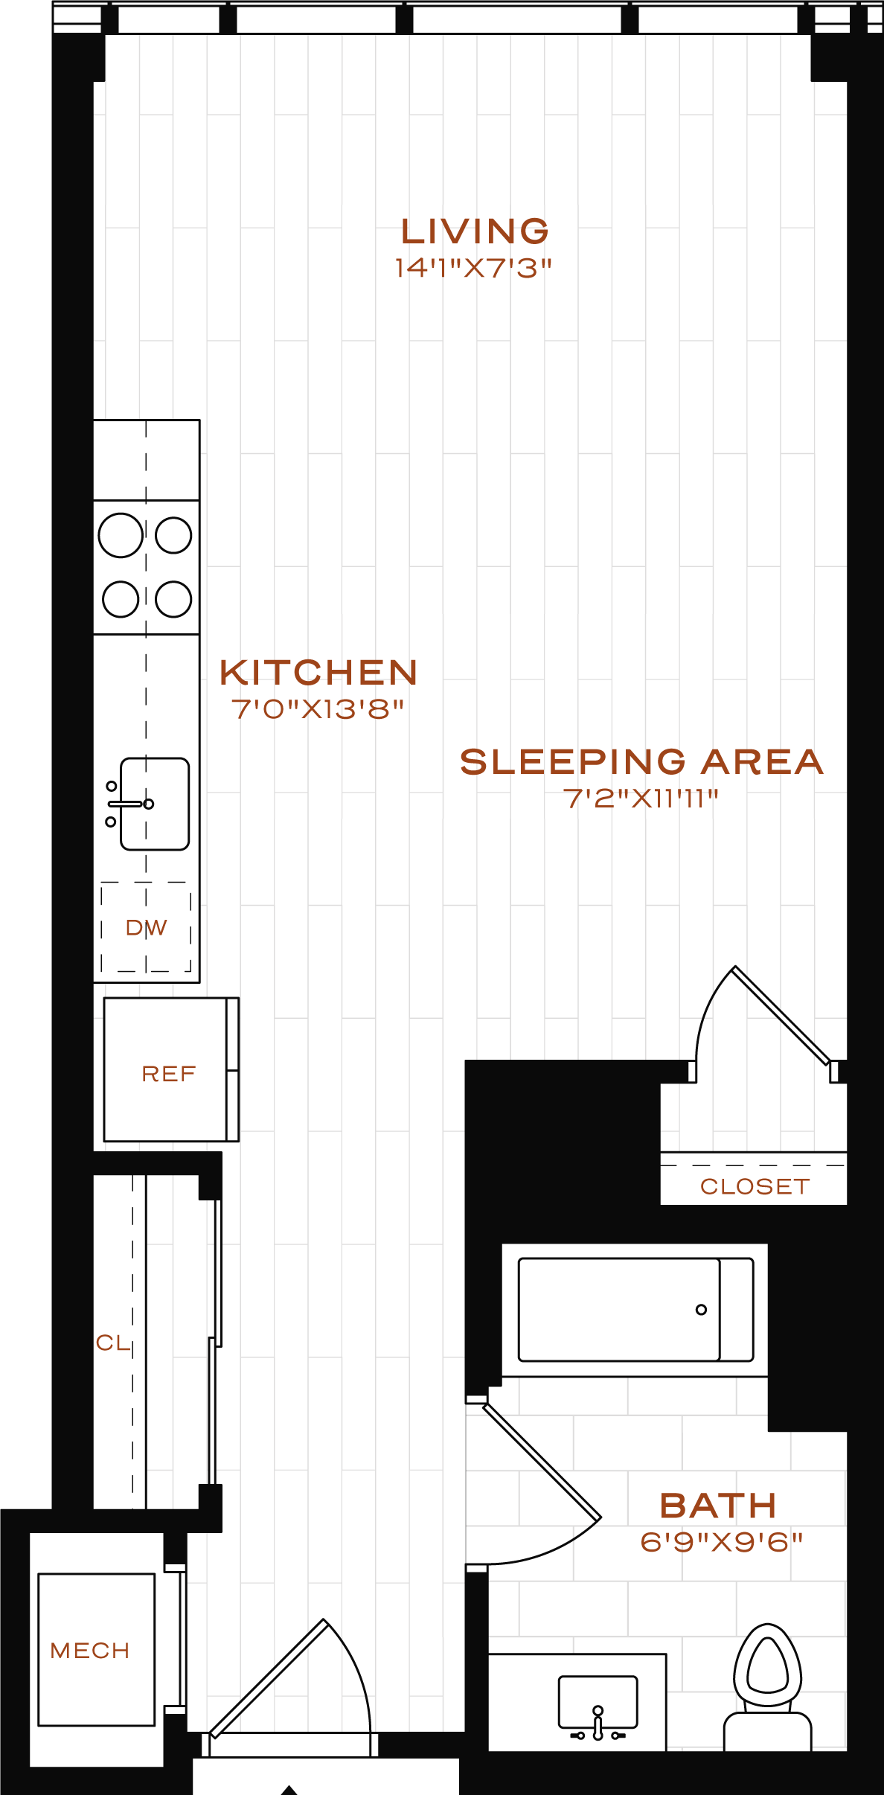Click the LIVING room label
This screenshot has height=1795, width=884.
pyautogui.click(x=475, y=231)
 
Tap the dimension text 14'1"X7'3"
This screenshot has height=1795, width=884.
pyautogui.click(x=473, y=268)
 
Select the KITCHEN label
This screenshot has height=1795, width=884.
pyautogui.click(x=318, y=673)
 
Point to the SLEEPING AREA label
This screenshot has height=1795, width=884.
pyautogui.click(x=641, y=762)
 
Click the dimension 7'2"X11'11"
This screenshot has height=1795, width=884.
pyautogui.click(x=641, y=799)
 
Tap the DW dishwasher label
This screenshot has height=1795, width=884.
pyautogui.click(x=146, y=928)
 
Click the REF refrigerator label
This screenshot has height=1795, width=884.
pyautogui.click(x=169, y=1074)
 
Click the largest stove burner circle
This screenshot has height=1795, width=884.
pyautogui.click(x=121, y=535)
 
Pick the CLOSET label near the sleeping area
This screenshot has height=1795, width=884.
pyautogui.click(x=755, y=1186)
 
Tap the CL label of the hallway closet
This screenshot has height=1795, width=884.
pyautogui.click(x=112, y=1343)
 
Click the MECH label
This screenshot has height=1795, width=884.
pyautogui.click(x=90, y=1651)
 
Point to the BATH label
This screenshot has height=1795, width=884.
pyautogui.click(x=718, y=1506)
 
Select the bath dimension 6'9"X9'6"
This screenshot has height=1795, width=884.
pyautogui.click(x=721, y=1542)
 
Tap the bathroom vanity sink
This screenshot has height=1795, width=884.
pyautogui.click(x=598, y=1700)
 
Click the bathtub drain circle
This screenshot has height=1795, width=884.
pyautogui.click(x=701, y=1310)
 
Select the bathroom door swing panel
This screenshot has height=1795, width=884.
pyautogui.click(x=542, y=1460)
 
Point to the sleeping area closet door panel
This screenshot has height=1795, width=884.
pyautogui.click(x=781, y=1014)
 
